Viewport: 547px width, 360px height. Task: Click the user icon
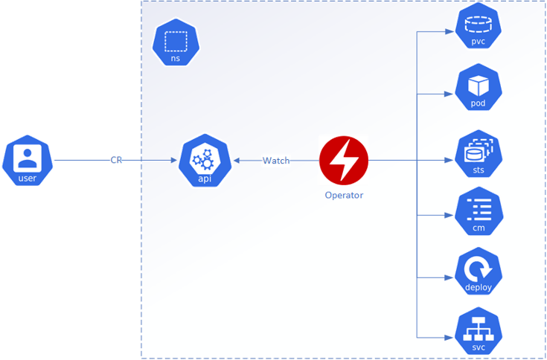(28, 160)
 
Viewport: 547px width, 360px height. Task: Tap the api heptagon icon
(202, 160)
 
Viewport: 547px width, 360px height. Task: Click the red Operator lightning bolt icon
(344, 160)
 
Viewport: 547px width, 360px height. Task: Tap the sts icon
(478, 155)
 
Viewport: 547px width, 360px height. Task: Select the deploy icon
(478, 274)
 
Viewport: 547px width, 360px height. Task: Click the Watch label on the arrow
(275, 161)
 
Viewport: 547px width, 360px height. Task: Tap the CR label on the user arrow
(116, 161)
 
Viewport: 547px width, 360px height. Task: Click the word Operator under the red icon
(344, 196)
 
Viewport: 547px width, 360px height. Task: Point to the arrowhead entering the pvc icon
(452, 32)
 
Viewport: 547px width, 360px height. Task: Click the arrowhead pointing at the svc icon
(452, 338)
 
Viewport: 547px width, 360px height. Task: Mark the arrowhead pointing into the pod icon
(452, 94)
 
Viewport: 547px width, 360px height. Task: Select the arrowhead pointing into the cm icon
(452, 216)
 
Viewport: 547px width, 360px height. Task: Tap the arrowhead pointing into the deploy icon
(452, 277)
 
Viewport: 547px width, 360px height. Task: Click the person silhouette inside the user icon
(28, 156)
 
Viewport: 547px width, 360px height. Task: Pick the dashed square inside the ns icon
(176, 40)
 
